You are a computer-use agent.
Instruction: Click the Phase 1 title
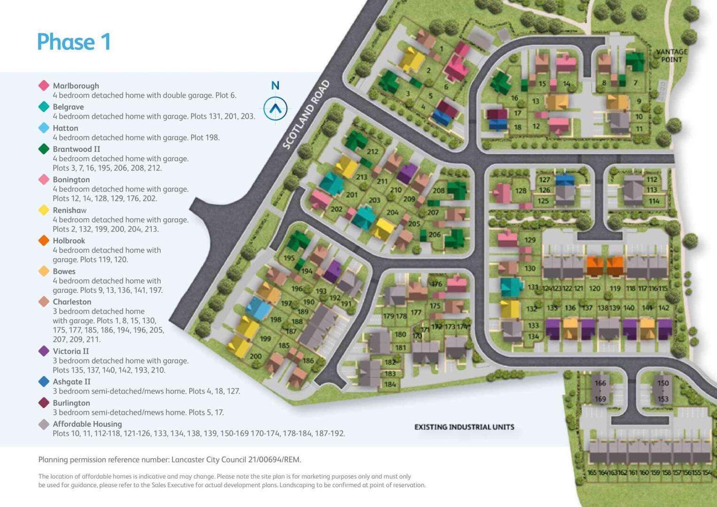74,42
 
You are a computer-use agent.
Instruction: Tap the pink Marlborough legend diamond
44,85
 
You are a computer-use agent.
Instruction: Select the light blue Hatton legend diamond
44,128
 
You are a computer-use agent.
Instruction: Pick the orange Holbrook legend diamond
44,240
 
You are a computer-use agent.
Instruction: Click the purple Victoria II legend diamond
44,351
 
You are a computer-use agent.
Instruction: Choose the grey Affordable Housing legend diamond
44,424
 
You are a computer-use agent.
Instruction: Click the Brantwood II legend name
76,149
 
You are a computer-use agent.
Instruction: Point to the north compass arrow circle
275,108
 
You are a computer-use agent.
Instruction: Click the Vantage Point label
671,55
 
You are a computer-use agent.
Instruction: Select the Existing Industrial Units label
464,427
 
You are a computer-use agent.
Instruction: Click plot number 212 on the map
372,151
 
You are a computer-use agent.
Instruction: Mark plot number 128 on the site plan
520,191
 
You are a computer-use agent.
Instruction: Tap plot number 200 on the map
255,356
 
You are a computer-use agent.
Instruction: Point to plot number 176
437,284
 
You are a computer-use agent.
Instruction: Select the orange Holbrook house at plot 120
595,266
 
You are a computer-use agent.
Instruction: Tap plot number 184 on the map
390,384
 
